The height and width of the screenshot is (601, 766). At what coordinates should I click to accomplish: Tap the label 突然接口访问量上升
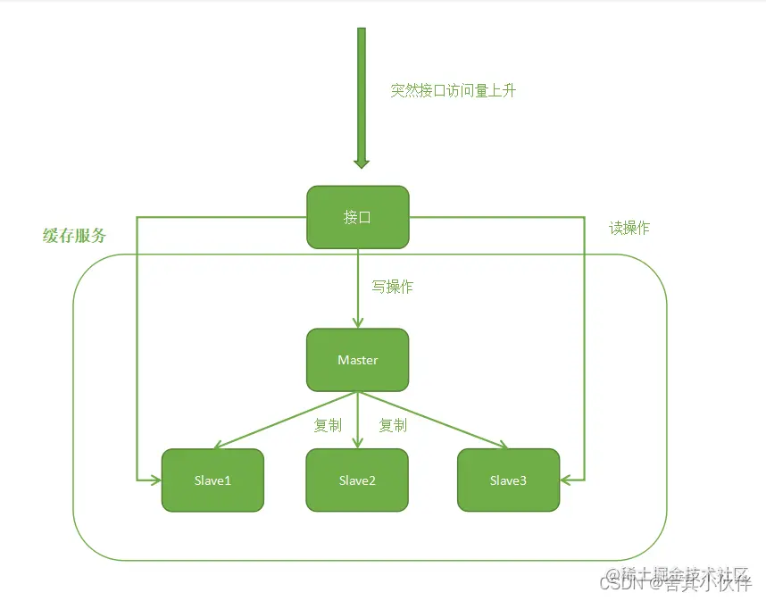(x=453, y=91)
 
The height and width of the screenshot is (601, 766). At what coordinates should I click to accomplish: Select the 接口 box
(x=357, y=217)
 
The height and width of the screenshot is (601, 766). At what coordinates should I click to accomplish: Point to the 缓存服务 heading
(x=74, y=236)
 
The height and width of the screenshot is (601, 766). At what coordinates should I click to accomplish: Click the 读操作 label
(x=629, y=229)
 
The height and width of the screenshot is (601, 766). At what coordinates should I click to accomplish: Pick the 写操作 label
(x=392, y=287)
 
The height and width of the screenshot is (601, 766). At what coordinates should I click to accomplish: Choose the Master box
(x=357, y=360)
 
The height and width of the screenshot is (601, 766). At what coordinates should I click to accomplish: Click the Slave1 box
(x=212, y=480)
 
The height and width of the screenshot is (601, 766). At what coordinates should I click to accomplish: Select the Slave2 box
(x=357, y=480)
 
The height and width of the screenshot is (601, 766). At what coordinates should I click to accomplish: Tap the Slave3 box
(x=508, y=480)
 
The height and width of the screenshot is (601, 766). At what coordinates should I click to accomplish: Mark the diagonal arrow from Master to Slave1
(x=286, y=420)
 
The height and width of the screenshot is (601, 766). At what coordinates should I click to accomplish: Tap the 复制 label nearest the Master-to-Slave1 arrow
(x=327, y=426)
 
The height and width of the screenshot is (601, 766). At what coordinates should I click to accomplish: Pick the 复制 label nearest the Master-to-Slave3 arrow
(x=393, y=426)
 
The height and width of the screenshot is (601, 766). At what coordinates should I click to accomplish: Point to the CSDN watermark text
(x=622, y=585)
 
